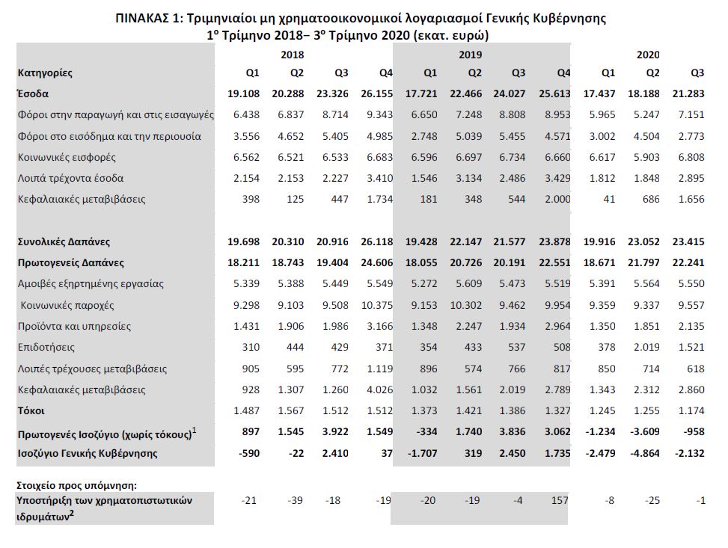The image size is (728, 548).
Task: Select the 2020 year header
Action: (647, 55)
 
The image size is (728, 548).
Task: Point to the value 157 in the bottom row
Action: (560, 500)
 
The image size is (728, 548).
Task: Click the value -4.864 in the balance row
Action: (645, 452)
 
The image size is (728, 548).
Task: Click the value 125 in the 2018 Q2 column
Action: (295, 200)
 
